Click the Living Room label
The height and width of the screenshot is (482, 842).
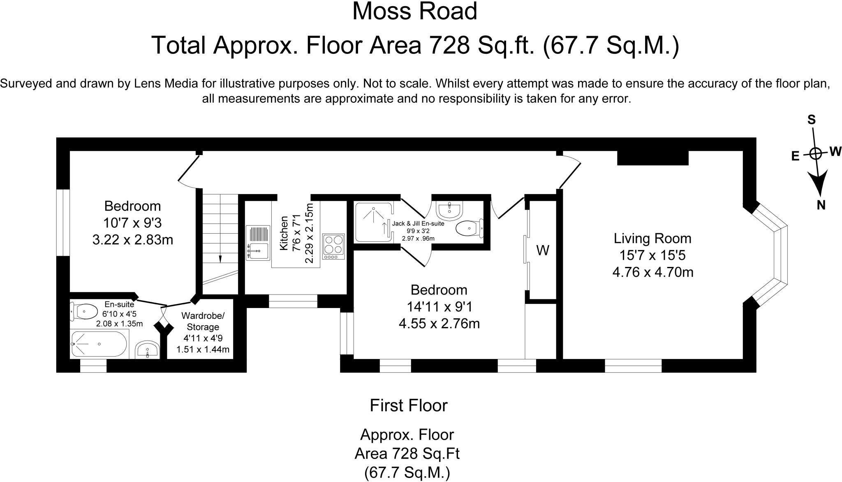click(652, 239)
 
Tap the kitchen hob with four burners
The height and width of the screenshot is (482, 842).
click(333, 246)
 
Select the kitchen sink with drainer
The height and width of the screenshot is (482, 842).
click(258, 243)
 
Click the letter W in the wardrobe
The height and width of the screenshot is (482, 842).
click(543, 250)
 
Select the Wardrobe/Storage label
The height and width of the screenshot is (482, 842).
click(203, 322)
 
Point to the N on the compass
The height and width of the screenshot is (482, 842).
click(821, 205)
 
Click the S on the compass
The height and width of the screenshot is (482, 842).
click(812, 120)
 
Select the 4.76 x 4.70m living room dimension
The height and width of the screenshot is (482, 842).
click(653, 272)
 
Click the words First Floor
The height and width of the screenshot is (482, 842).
click(409, 406)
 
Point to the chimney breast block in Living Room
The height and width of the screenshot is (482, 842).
click(653, 158)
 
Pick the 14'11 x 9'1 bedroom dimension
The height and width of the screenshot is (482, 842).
click(439, 307)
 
